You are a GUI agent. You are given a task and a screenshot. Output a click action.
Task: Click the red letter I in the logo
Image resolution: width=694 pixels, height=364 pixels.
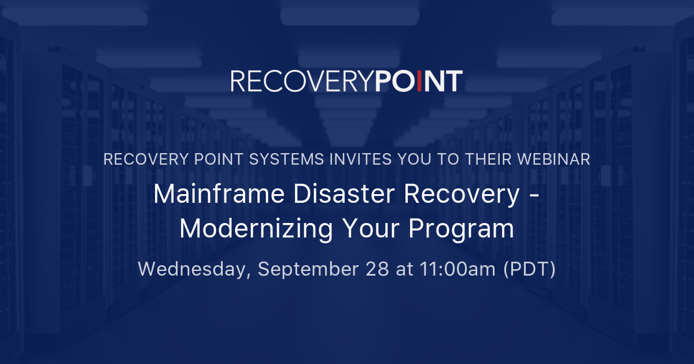point(421,81)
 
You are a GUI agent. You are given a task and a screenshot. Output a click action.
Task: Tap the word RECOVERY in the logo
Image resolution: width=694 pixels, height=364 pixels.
point(302,81)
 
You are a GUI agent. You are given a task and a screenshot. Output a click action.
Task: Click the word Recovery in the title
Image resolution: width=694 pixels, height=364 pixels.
point(462,195)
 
